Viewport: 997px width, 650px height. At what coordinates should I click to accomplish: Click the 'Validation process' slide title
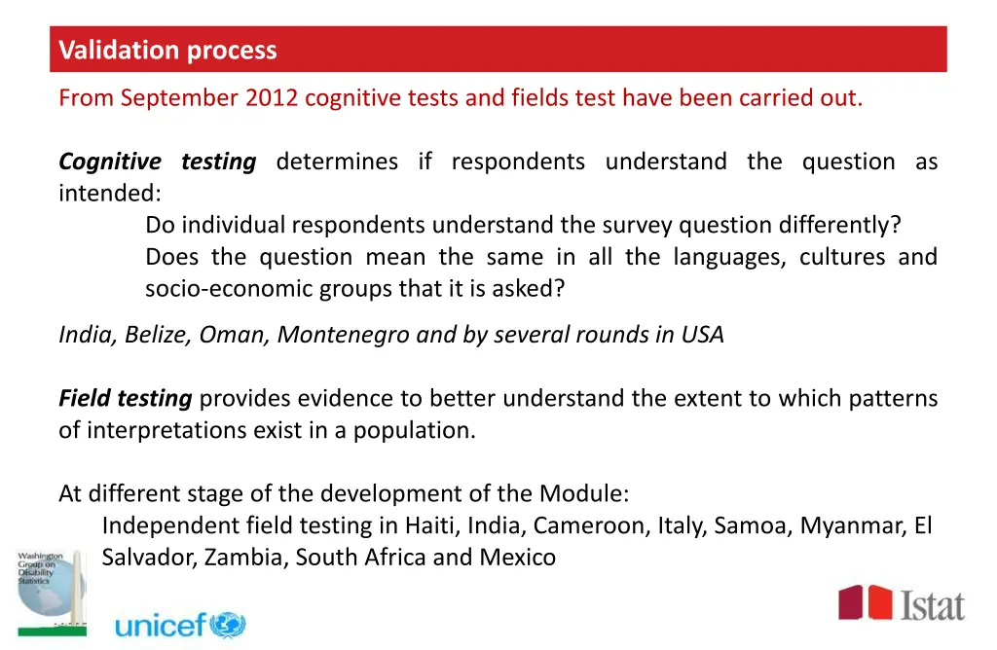click(x=167, y=51)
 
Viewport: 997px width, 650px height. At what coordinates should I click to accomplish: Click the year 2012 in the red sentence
click(x=272, y=98)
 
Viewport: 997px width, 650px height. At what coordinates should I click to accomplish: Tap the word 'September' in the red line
click(x=179, y=98)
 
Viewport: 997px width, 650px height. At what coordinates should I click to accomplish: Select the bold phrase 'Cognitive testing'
click(x=157, y=162)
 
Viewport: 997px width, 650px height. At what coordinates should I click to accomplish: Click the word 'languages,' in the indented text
click(x=727, y=258)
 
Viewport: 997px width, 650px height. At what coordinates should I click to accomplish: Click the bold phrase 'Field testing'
click(x=125, y=398)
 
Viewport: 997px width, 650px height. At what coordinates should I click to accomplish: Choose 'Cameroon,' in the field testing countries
click(x=591, y=526)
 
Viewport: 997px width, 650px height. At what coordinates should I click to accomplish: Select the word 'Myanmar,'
click(x=853, y=526)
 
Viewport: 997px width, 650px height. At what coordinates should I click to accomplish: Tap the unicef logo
click(x=180, y=624)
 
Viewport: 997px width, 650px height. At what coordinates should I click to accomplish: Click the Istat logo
click(x=902, y=603)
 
